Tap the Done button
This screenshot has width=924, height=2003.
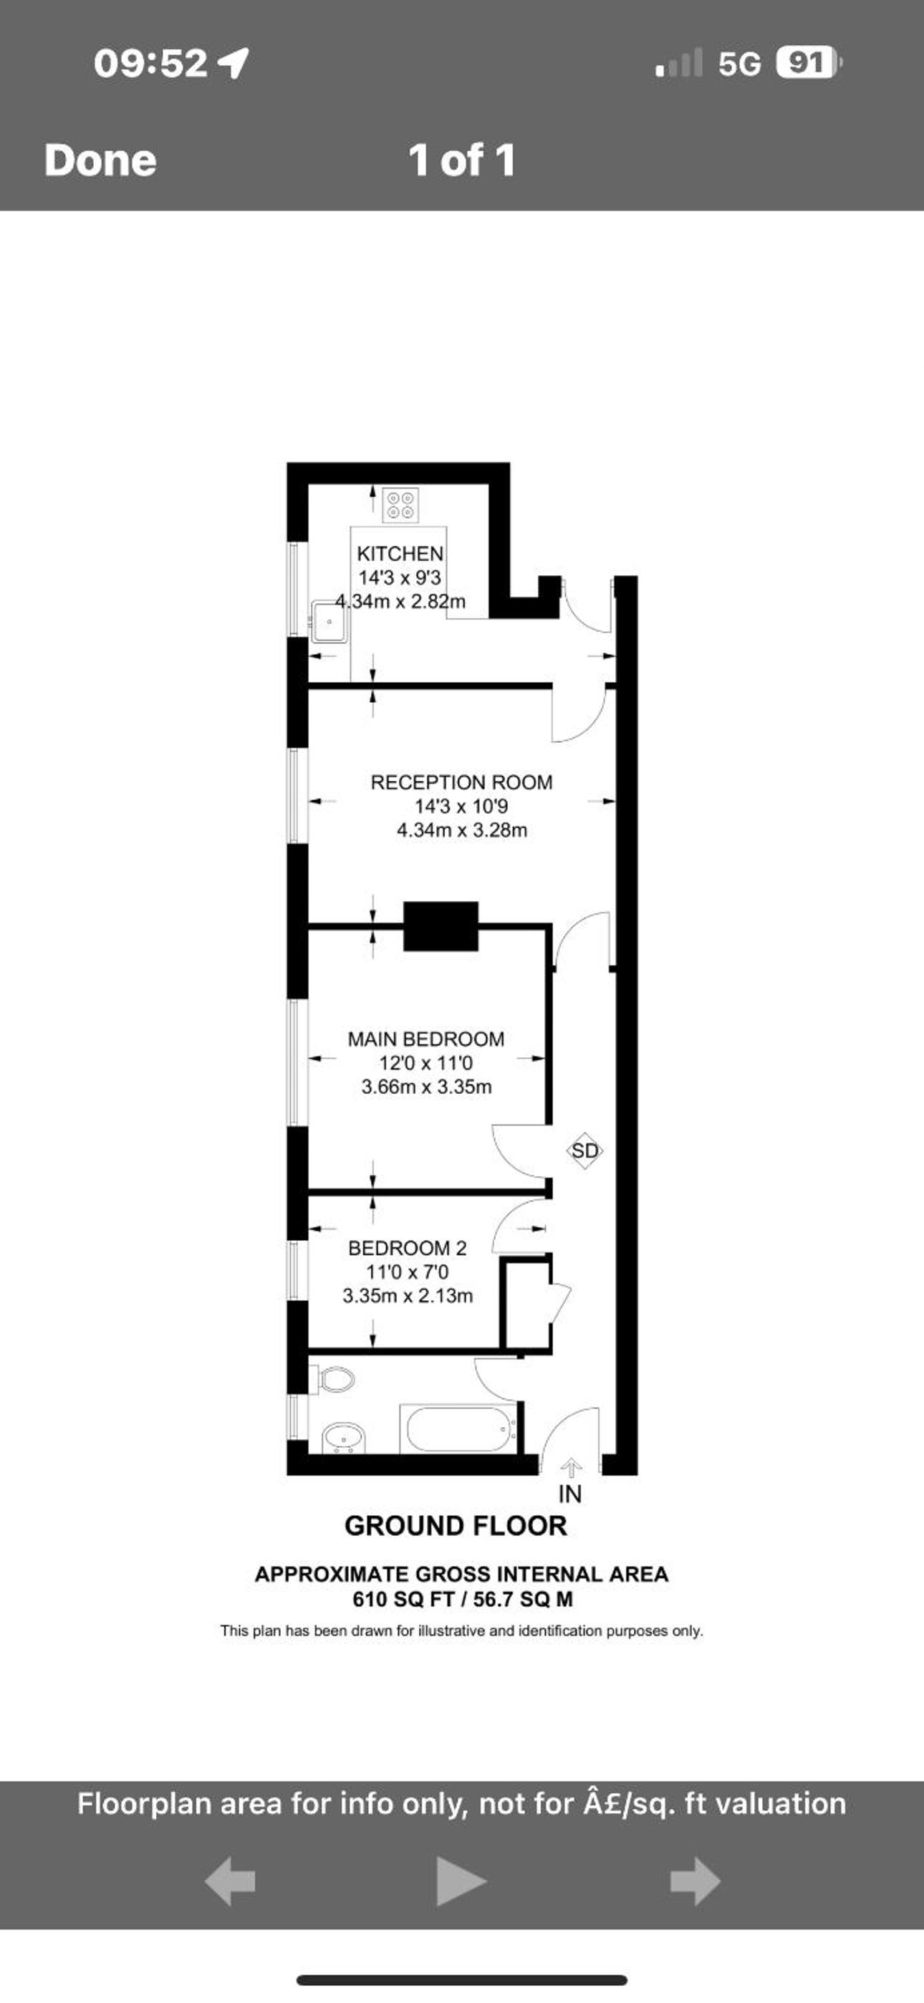(x=100, y=160)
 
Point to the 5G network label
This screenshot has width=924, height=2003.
(x=739, y=63)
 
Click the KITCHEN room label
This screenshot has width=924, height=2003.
(x=400, y=554)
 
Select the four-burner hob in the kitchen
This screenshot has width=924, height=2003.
(x=401, y=504)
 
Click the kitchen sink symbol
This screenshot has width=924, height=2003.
(x=329, y=621)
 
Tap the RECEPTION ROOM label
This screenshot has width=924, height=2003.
(x=461, y=782)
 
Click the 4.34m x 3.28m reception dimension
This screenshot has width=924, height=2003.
(x=462, y=830)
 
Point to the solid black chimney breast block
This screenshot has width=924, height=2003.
(x=441, y=926)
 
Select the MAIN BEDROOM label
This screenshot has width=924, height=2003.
(x=425, y=1039)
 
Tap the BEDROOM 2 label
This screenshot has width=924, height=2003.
(x=407, y=1248)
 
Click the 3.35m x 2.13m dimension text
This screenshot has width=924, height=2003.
(x=408, y=1296)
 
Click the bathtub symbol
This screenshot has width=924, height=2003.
(x=457, y=1428)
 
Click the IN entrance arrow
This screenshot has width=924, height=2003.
(x=572, y=1466)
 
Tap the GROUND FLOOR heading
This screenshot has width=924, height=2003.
(x=456, y=1526)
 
